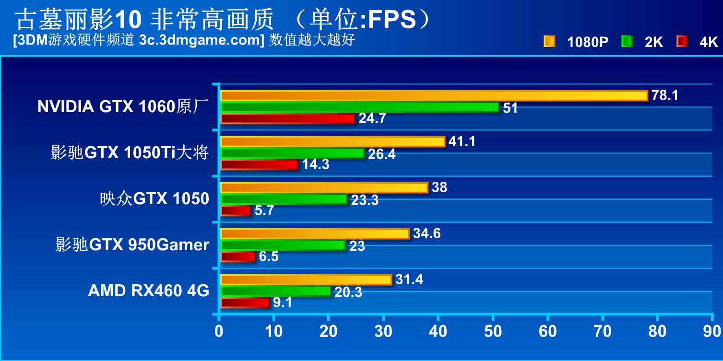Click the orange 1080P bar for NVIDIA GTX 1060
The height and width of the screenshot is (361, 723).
(434, 95)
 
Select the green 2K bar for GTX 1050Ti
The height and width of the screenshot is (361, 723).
(293, 153)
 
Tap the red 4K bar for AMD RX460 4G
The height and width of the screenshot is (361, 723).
(245, 303)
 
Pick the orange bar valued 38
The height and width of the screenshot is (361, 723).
(324, 187)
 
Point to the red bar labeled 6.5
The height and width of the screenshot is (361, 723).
(238, 256)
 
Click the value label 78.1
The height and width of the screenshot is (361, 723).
(664, 95)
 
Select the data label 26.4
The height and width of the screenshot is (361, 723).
(381, 154)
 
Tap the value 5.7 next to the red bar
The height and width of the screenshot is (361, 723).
(264, 210)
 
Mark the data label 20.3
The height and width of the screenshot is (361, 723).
(348, 292)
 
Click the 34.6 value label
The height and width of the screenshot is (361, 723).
(427, 233)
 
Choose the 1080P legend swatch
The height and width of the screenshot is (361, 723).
(549, 42)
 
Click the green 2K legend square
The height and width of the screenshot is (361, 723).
(627, 42)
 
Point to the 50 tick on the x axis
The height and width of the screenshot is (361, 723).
(493, 331)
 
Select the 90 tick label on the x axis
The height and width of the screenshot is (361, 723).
(712, 331)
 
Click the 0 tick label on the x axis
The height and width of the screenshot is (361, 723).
(219, 331)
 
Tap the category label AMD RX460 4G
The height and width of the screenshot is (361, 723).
(149, 291)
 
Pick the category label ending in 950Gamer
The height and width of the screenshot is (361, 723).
(132, 245)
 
